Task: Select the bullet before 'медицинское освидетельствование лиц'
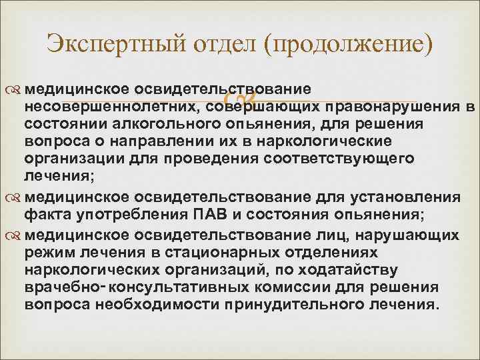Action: pos(14,235)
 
